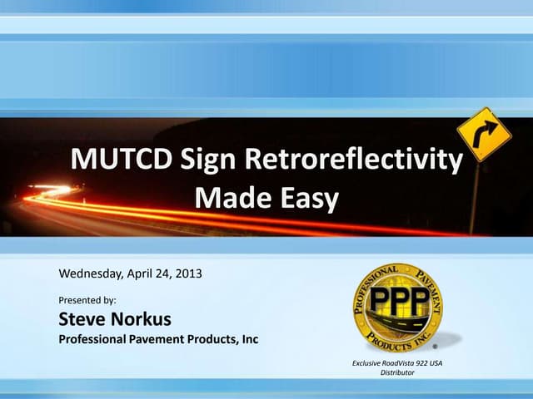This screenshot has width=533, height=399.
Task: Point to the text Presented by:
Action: click(x=87, y=299)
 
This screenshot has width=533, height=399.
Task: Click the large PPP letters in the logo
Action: click(x=396, y=298)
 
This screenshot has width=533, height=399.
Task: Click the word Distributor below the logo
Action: click(x=397, y=373)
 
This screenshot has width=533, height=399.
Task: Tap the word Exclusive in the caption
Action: click(x=368, y=362)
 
